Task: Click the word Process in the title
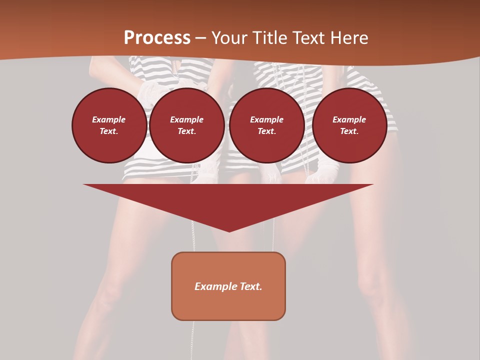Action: pos(157,38)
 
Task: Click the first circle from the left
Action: pos(109,125)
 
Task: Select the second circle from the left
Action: pos(187,125)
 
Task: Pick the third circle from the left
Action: pos(266,125)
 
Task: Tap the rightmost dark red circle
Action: pos(349,125)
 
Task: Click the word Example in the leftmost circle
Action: pos(109,120)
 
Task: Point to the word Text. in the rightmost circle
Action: pos(349,131)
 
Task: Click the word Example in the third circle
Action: pos(266,120)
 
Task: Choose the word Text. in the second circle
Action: pos(187,131)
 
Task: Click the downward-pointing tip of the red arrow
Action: pos(229,230)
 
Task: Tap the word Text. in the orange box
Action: pos(251,286)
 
